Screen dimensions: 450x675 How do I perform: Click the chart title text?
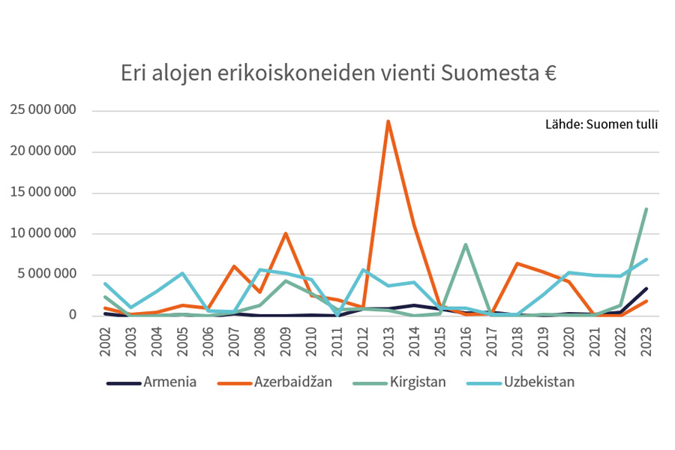click(338, 75)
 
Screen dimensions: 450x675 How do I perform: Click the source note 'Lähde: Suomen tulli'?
click(601, 124)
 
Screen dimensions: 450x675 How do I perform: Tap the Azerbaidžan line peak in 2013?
click(388, 121)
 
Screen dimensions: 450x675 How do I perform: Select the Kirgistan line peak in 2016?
click(466, 244)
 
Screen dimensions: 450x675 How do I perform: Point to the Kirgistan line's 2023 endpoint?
click(646, 209)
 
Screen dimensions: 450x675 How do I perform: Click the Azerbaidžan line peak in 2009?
click(285, 233)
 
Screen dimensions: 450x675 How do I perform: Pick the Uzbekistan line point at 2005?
click(182, 273)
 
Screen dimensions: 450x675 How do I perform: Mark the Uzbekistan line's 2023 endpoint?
click(646, 259)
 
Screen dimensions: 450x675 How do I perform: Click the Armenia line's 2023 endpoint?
click(646, 289)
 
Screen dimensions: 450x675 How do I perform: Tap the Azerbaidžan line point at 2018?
click(517, 263)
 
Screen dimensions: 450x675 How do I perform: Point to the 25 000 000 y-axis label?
click(43, 111)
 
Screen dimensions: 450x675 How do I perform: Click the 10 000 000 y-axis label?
click(43, 233)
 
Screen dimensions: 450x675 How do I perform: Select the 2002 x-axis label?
click(106, 341)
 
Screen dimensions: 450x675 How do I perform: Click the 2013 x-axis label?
click(388, 341)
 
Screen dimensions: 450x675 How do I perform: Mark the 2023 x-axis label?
click(646, 341)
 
